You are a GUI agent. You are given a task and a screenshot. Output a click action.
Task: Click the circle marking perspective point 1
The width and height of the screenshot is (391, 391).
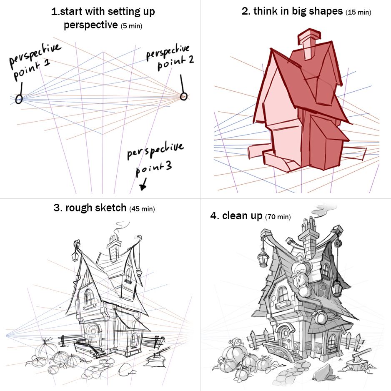[x=19, y=99]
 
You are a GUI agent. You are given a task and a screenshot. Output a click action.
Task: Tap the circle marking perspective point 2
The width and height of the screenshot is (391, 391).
[x=183, y=96]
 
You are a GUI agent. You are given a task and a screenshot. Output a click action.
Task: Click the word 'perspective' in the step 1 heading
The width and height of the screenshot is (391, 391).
[x=91, y=25]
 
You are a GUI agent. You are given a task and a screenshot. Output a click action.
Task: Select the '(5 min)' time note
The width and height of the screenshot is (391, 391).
[x=131, y=26]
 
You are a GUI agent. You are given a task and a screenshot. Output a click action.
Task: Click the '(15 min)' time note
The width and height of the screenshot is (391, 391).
[x=358, y=12]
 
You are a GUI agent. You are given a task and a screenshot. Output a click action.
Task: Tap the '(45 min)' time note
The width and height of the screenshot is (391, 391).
[x=142, y=209]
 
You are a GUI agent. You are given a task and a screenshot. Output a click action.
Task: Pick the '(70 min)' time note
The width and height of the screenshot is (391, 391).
[x=278, y=217]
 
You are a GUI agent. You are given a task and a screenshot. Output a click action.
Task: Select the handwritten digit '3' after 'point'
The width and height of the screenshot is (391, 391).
[x=168, y=165]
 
